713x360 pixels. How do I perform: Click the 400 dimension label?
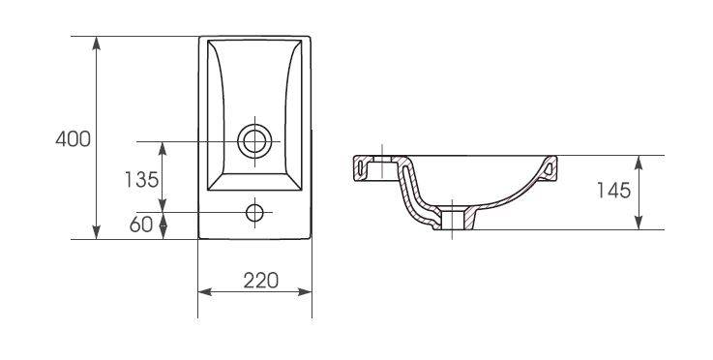click(x=74, y=138)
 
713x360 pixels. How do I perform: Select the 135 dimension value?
click(x=141, y=180)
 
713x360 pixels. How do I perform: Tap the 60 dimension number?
click(x=141, y=225)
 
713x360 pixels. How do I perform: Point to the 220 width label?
click(x=260, y=281)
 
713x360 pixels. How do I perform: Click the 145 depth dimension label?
click(x=614, y=191)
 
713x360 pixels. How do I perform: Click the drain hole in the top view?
click(x=254, y=141)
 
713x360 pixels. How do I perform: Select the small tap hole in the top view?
click(x=254, y=213)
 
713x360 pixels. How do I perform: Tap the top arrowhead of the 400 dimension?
click(x=97, y=44)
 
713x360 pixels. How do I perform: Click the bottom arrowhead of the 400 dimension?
click(x=97, y=232)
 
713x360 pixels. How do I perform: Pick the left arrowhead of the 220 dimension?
click(x=205, y=291)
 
